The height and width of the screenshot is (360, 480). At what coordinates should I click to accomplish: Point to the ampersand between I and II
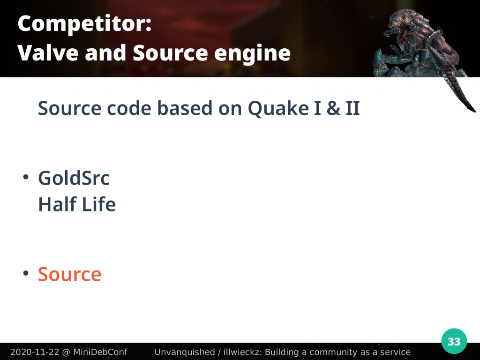(x=333, y=108)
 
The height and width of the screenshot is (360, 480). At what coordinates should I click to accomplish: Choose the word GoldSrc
(x=74, y=178)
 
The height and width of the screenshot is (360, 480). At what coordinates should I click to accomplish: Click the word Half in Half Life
(x=57, y=204)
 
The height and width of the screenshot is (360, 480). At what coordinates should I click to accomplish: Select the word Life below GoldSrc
(x=99, y=204)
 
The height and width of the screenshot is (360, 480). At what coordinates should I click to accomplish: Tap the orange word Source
(x=69, y=274)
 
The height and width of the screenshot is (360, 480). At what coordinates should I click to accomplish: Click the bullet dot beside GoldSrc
(x=26, y=177)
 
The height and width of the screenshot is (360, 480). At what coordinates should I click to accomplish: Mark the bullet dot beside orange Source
(x=26, y=273)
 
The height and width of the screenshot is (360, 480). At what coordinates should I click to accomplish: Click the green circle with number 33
(x=454, y=341)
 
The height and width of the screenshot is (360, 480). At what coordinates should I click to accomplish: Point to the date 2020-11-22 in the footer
(x=35, y=352)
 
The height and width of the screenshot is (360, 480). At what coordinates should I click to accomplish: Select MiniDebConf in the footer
(x=100, y=352)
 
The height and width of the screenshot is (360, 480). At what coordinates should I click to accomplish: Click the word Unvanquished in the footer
(x=185, y=352)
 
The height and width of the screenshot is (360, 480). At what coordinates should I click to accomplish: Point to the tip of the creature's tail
(x=475, y=112)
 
